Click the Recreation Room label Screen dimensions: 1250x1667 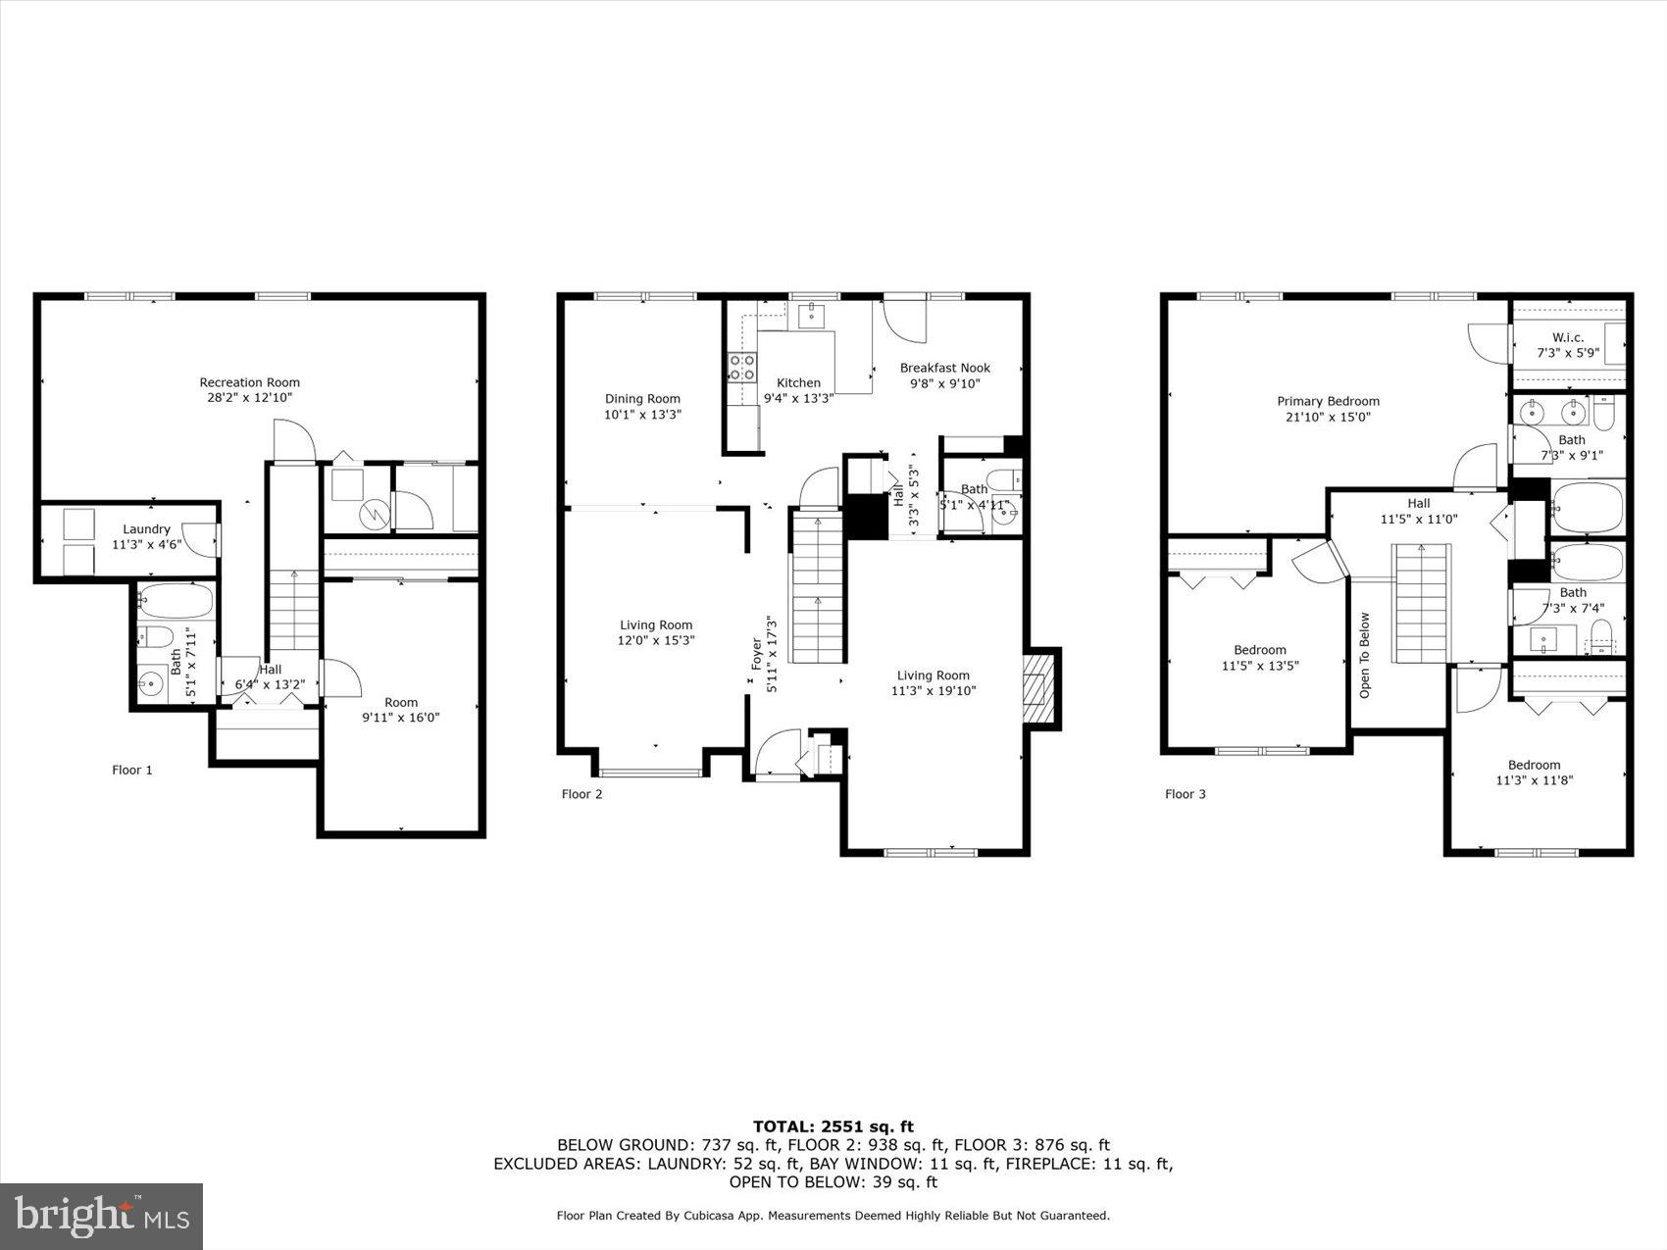[x=249, y=382]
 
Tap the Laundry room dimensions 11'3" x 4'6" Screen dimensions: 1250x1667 [x=146, y=544]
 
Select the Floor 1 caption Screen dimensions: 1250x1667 [x=131, y=770]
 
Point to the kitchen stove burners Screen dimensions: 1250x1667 [x=742, y=367]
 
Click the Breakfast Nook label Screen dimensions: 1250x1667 [x=944, y=368]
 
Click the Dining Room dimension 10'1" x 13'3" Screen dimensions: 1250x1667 [x=642, y=415]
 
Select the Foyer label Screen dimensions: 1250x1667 [x=756, y=654]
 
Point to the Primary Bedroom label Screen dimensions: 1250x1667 [x=1328, y=401]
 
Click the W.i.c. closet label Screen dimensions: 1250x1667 [x=1567, y=336]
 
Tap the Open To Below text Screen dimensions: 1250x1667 [x=1364, y=655]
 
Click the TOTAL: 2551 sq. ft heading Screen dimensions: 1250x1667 [x=833, y=1126]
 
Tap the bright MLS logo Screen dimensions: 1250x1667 [x=102, y=1217]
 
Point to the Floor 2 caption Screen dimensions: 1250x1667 [x=581, y=794]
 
